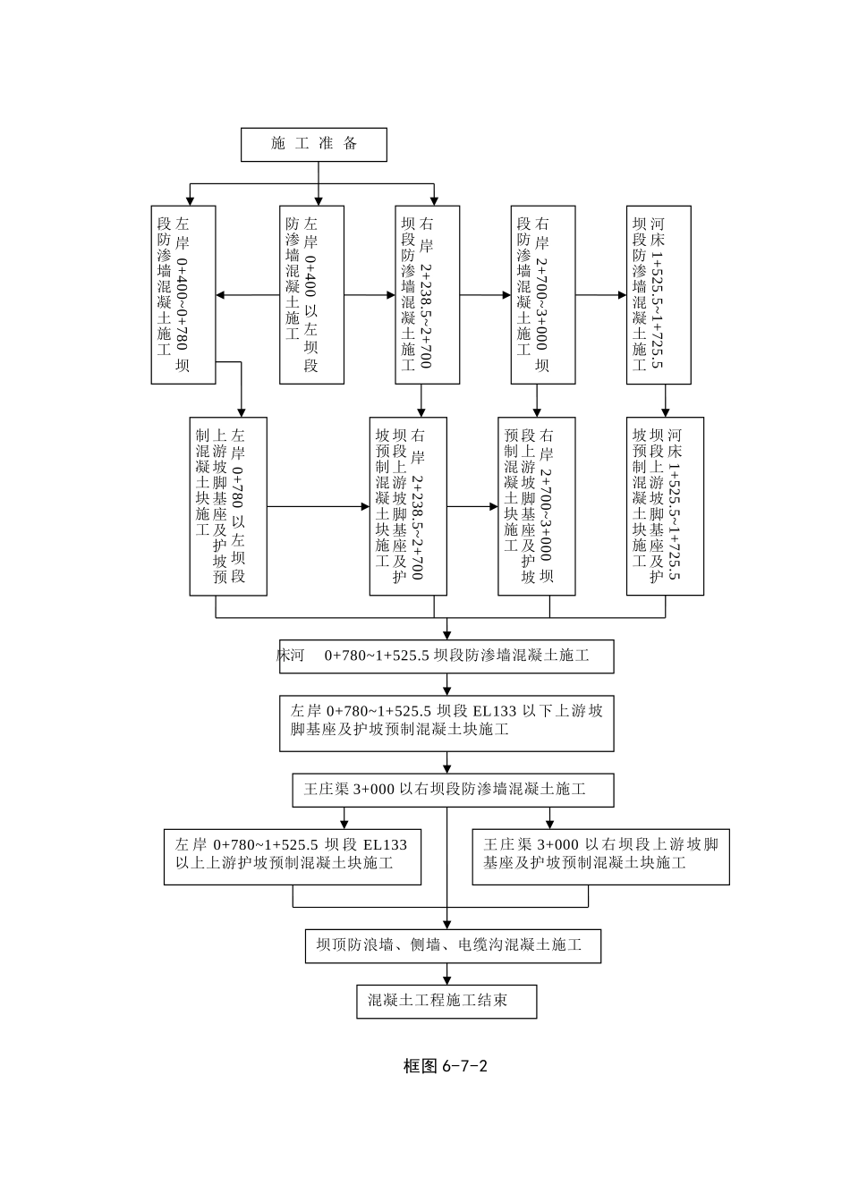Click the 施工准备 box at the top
click(x=313, y=144)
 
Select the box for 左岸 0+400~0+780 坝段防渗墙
click(x=183, y=294)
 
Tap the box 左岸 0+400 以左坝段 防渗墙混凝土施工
click(x=311, y=294)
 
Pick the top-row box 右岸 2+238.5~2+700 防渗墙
click(x=427, y=294)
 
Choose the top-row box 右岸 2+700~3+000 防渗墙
click(x=542, y=294)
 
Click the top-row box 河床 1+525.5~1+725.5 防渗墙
click(x=658, y=294)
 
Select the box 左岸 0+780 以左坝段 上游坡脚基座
click(x=228, y=505)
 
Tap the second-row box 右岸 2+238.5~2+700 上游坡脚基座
click(x=408, y=505)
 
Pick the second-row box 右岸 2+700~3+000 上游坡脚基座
click(x=536, y=505)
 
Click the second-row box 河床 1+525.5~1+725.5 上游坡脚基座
click(x=665, y=505)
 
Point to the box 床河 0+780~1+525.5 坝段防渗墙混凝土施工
click(x=446, y=656)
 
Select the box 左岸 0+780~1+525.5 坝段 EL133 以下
click(x=446, y=723)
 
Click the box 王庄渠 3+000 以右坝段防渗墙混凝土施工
click(x=453, y=790)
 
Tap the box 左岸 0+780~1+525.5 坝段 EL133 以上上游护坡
click(x=292, y=857)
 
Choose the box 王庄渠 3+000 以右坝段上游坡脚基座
click(x=600, y=857)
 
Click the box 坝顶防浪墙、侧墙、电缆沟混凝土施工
click(x=453, y=945)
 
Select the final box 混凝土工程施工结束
click(x=446, y=1001)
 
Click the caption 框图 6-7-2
click(x=445, y=1066)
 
